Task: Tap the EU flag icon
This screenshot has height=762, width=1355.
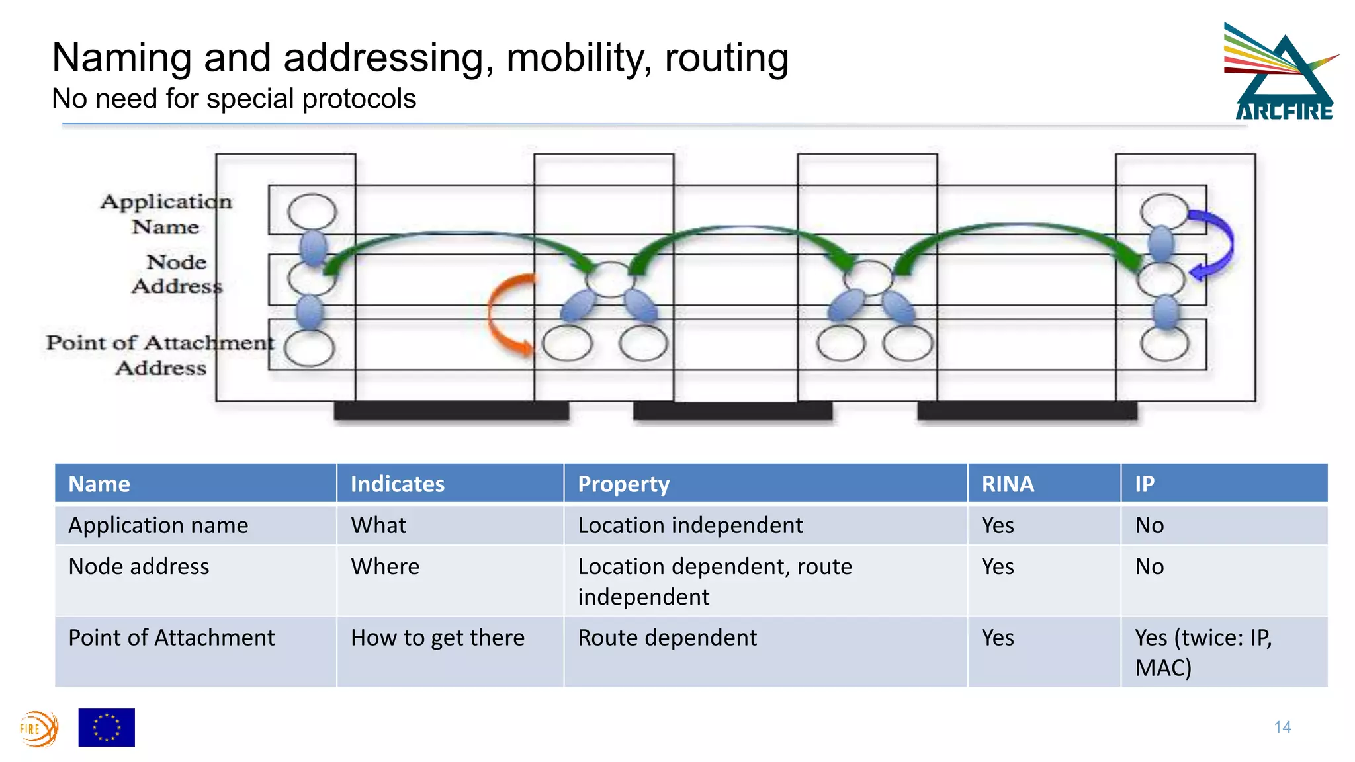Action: (107, 727)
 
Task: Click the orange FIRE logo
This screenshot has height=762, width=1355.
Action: (38, 728)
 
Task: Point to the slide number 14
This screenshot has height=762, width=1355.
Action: (1282, 727)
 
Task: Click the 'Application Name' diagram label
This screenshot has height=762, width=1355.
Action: (165, 214)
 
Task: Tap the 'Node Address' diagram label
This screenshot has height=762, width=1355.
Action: (177, 274)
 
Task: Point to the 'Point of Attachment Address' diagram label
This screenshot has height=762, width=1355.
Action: (159, 355)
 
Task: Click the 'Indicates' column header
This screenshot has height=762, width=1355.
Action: (398, 484)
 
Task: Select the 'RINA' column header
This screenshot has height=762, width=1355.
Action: (1008, 484)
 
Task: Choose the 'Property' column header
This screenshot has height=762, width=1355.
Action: (623, 484)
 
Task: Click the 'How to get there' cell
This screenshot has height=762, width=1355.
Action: (437, 638)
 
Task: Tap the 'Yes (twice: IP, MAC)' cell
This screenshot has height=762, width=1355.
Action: (1203, 652)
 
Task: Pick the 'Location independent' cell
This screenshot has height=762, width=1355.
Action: (690, 525)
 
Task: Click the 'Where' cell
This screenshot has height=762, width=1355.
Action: (385, 567)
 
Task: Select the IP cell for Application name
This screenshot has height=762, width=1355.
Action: (1149, 525)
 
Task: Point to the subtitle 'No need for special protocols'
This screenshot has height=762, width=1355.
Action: (234, 99)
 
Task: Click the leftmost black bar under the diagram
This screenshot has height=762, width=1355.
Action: (451, 411)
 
